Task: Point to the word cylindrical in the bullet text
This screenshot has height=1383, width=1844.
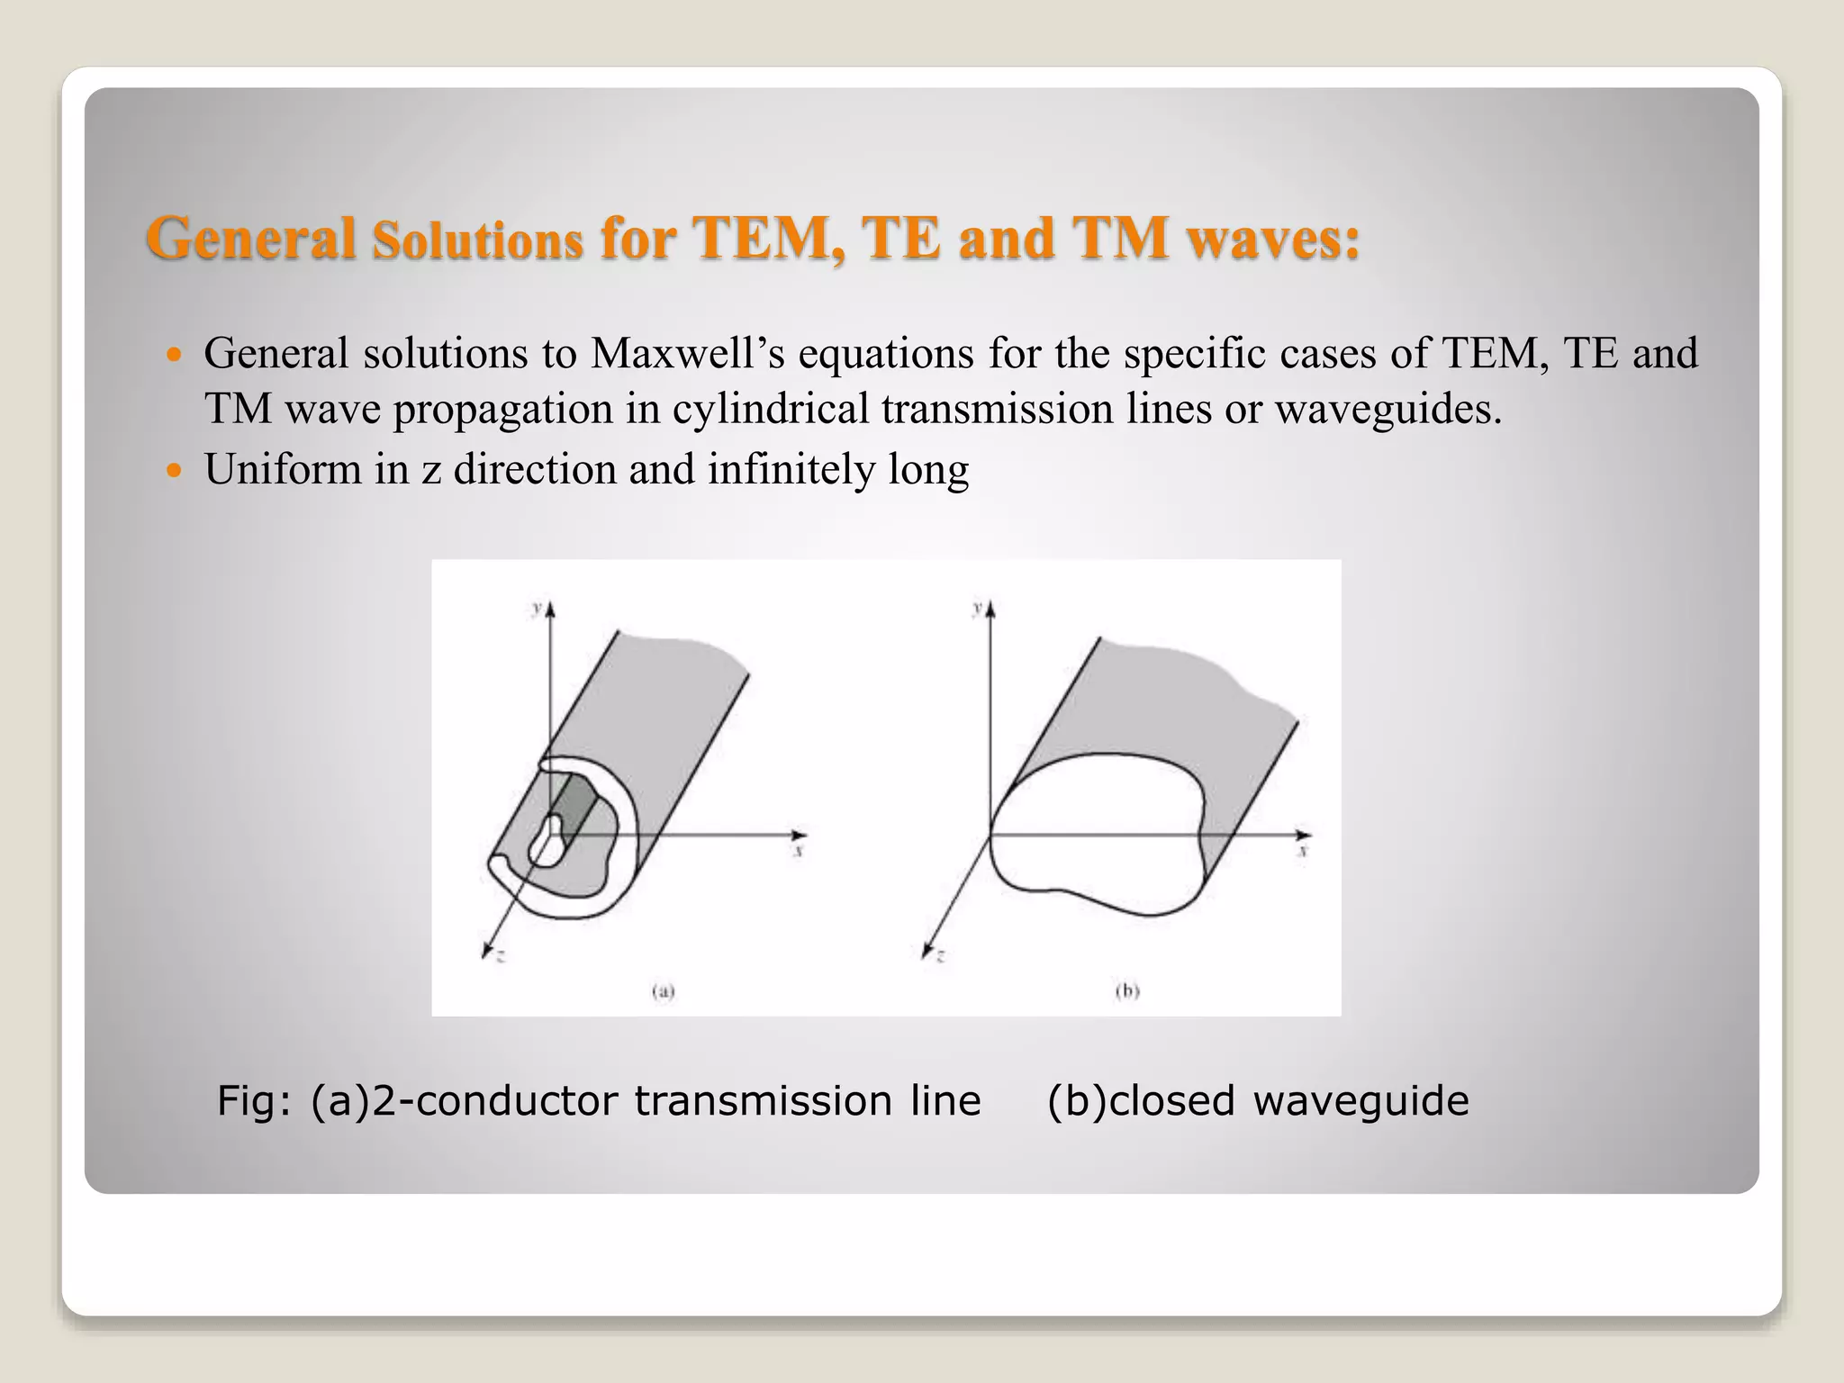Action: (x=770, y=409)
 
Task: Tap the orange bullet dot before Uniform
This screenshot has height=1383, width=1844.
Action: (x=175, y=470)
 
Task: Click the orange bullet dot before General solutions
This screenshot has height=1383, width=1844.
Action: (x=175, y=354)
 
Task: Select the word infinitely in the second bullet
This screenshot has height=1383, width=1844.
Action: (x=791, y=469)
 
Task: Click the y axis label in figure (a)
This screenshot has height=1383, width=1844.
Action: (x=537, y=609)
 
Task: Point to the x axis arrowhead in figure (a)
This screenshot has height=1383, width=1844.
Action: (x=799, y=835)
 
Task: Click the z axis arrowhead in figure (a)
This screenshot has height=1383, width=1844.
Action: (x=487, y=948)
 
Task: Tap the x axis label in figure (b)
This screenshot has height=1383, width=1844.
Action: (x=1303, y=850)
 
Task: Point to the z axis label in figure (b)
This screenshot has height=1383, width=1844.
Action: (x=940, y=957)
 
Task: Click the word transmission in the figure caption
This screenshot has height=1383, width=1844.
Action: (x=762, y=1101)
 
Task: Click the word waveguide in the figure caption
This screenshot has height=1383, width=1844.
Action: (x=1360, y=1101)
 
